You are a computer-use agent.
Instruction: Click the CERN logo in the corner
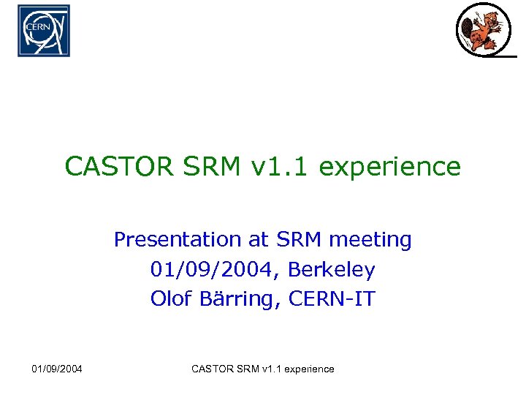(44, 31)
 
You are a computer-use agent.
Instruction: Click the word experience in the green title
(390, 168)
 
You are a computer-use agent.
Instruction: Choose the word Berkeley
(332, 270)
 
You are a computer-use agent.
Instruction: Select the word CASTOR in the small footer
(212, 369)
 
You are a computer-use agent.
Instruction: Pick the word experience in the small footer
(308, 369)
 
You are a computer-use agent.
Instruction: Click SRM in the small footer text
(247, 369)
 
